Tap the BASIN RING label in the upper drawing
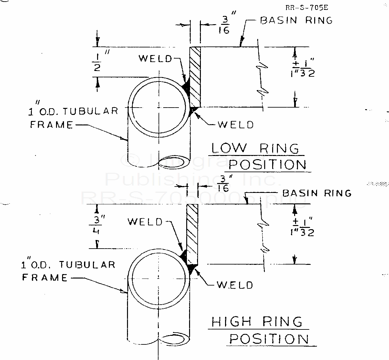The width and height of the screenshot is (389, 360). click(296, 20)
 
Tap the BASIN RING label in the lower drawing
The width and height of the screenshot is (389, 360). click(317, 193)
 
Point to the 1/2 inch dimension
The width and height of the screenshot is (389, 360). click(97, 62)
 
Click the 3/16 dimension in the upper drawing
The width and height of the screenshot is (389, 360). click(225, 25)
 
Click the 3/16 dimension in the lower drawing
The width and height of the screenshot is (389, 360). click(223, 184)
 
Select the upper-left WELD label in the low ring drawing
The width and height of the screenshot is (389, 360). click(155, 59)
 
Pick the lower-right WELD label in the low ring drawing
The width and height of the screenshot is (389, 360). click(236, 124)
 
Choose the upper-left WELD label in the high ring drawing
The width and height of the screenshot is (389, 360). click(145, 222)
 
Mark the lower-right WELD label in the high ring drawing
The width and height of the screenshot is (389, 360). click(235, 285)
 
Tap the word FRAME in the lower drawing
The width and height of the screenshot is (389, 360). click(45, 278)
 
